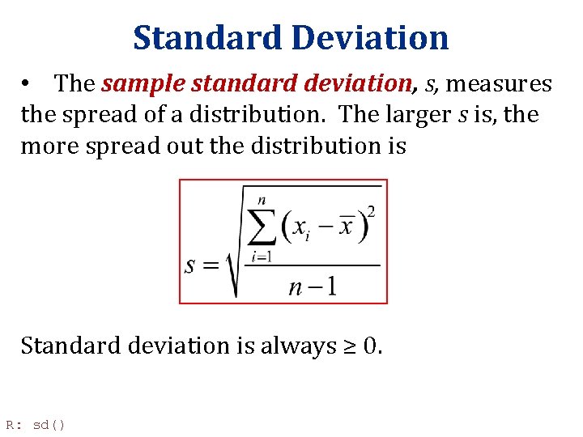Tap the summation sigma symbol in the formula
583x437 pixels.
[x=262, y=227]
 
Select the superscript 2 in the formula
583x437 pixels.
[x=371, y=212]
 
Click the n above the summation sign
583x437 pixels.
[x=262, y=199]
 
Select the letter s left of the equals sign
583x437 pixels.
[x=191, y=265]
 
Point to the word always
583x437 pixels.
[x=299, y=346]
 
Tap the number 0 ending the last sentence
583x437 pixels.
[x=371, y=346]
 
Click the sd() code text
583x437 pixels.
[x=49, y=424]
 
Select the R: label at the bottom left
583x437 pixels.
[x=14, y=424]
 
